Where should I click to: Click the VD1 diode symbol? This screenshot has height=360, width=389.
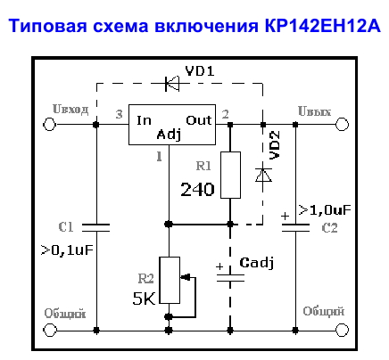pyautogui.click(x=172, y=84)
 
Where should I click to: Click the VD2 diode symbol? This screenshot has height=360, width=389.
pyautogui.click(x=263, y=175)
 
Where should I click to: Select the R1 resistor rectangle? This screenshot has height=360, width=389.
pyautogui.click(x=230, y=175)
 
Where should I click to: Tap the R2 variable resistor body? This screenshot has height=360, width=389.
pyautogui.click(x=170, y=280)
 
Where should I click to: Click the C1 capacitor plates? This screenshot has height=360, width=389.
pyautogui.click(x=95, y=227)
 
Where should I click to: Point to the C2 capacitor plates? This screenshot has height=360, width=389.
pyautogui.click(x=295, y=227)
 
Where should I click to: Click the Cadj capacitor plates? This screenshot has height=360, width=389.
pyautogui.click(x=230, y=278)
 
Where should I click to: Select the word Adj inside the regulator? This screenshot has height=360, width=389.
pyautogui.click(x=169, y=135)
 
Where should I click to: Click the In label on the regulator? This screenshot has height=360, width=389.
pyautogui.click(x=144, y=120)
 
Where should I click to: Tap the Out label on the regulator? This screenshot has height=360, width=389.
pyautogui.click(x=199, y=120)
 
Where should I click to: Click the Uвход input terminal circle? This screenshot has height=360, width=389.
pyautogui.click(x=49, y=124)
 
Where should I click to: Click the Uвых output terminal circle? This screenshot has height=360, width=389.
pyautogui.click(x=342, y=124)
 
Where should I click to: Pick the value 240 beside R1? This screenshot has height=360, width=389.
pyautogui.click(x=197, y=190)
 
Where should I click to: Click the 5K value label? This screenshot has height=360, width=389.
pyautogui.click(x=145, y=299)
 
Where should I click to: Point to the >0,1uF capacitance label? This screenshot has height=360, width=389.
pyautogui.click(x=67, y=250)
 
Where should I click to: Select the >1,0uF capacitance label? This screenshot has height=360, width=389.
pyautogui.click(x=325, y=210)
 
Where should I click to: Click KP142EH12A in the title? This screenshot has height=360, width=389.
pyautogui.click(x=322, y=26)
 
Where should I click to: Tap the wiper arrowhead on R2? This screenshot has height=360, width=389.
pyautogui.click(x=185, y=277)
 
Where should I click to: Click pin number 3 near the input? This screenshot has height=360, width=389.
pyautogui.click(x=119, y=114)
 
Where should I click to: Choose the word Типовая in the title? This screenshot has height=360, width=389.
pyautogui.click(x=47, y=26)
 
